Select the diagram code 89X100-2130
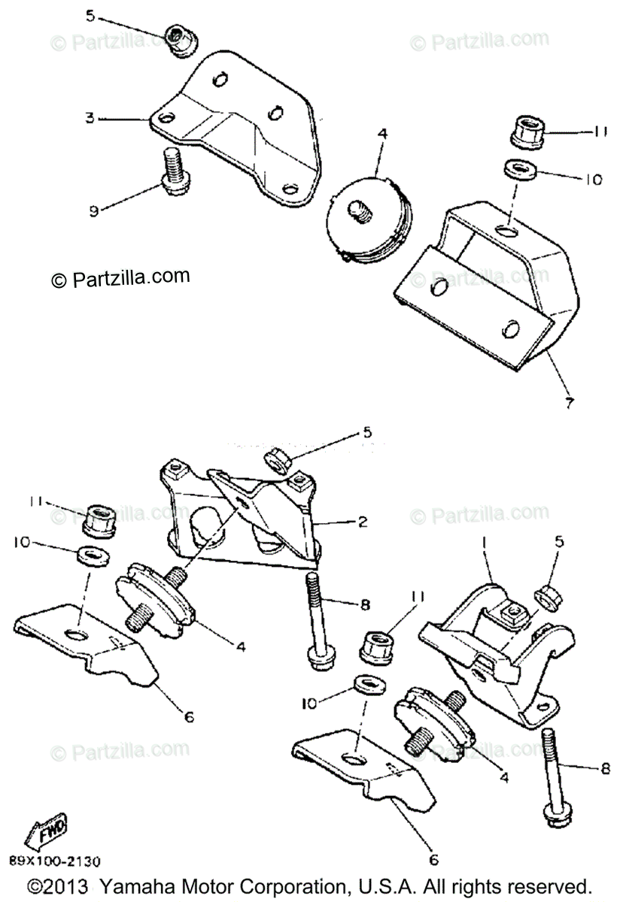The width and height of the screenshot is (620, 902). coord(56,861)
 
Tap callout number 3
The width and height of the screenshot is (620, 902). coord(90,118)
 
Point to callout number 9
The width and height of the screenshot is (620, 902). coord(93,212)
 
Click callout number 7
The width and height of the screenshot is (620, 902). coord(569,403)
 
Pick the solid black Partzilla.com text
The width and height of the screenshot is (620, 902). coord(120,277)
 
